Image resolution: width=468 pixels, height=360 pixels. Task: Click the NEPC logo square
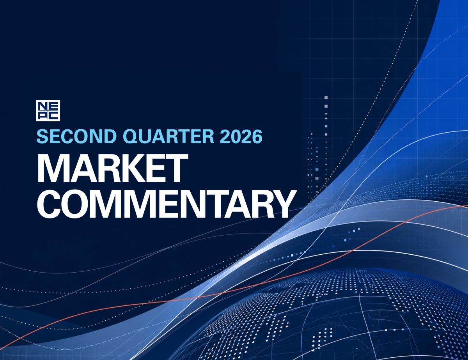point(48,110)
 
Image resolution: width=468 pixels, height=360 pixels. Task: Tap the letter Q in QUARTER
point(129,137)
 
